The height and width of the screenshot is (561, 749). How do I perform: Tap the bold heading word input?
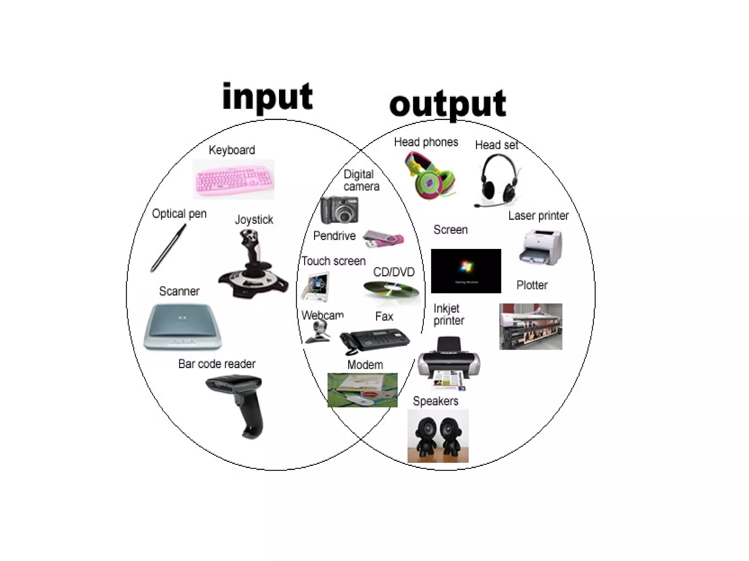point(267,96)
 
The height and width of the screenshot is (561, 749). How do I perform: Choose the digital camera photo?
point(339,210)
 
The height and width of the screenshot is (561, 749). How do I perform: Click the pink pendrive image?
point(383,239)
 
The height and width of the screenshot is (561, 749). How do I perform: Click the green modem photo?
point(362,390)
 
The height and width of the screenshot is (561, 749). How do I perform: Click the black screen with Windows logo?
point(466,271)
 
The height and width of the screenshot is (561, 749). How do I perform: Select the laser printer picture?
point(541,247)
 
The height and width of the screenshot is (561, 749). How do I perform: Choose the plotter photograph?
point(531,326)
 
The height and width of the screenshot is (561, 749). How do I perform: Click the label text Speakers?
point(435,401)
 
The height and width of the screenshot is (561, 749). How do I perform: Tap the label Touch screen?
point(333,261)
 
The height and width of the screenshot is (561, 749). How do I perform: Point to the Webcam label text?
point(322,315)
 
